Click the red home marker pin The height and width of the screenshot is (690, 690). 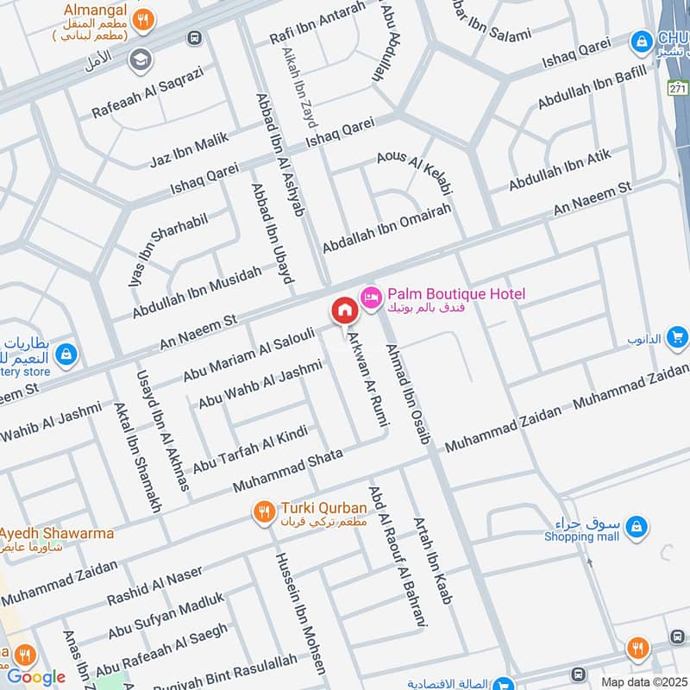point(343,310)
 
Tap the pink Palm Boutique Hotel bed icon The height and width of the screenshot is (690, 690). point(371,297)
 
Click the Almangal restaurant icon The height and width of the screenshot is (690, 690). point(146,17)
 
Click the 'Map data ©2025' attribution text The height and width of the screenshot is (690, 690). point(644,681)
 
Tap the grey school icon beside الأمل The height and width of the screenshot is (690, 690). point(137,60)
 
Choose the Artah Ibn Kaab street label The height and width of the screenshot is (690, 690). point(432,561)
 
